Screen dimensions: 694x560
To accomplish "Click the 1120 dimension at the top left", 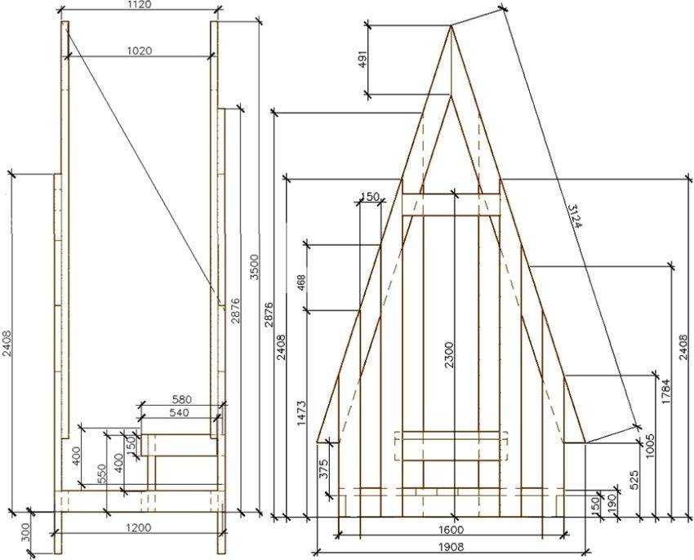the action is click(139, 5).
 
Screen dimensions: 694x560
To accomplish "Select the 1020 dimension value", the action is click(139, 51).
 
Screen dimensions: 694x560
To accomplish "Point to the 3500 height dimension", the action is click(255, 267).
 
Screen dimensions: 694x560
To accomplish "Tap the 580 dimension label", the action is click(181, 399).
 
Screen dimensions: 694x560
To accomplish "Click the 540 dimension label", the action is click(180, 412).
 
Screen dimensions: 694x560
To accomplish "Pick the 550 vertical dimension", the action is click(102, 473).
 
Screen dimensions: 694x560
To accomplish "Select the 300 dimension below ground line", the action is click(25, 532).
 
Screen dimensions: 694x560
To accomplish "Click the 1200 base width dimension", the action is click(139, 527).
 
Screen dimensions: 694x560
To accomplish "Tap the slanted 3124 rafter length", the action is click(574, 216).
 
